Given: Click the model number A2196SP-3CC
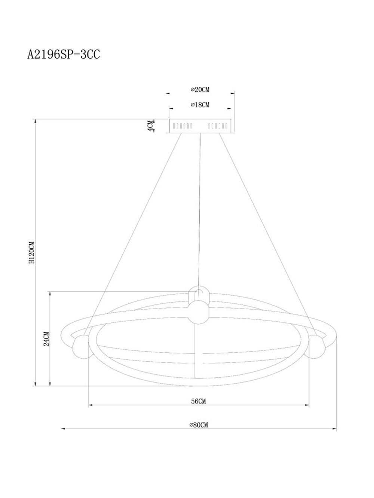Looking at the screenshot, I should click(x=63, y=55).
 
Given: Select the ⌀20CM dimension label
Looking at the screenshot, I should click(x=200, y=90).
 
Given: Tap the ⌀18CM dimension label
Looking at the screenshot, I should click(x=200, y=105).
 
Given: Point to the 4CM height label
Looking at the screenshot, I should click(x=150, y=126).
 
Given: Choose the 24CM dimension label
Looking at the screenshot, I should click(x=46, y=338).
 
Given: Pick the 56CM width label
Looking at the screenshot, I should click(x=199, y=401).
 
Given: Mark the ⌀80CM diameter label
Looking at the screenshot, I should click(x=199, y=425).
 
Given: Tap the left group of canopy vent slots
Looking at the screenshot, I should click(x=183, y=126).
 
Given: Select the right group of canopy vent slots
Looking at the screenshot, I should click(x=218, y=126).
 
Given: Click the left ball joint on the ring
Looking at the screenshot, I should click(x=80, y=346).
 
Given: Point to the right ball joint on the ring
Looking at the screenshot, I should click(x=317, y=346).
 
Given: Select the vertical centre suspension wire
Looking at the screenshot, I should click(x=201, y=209).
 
